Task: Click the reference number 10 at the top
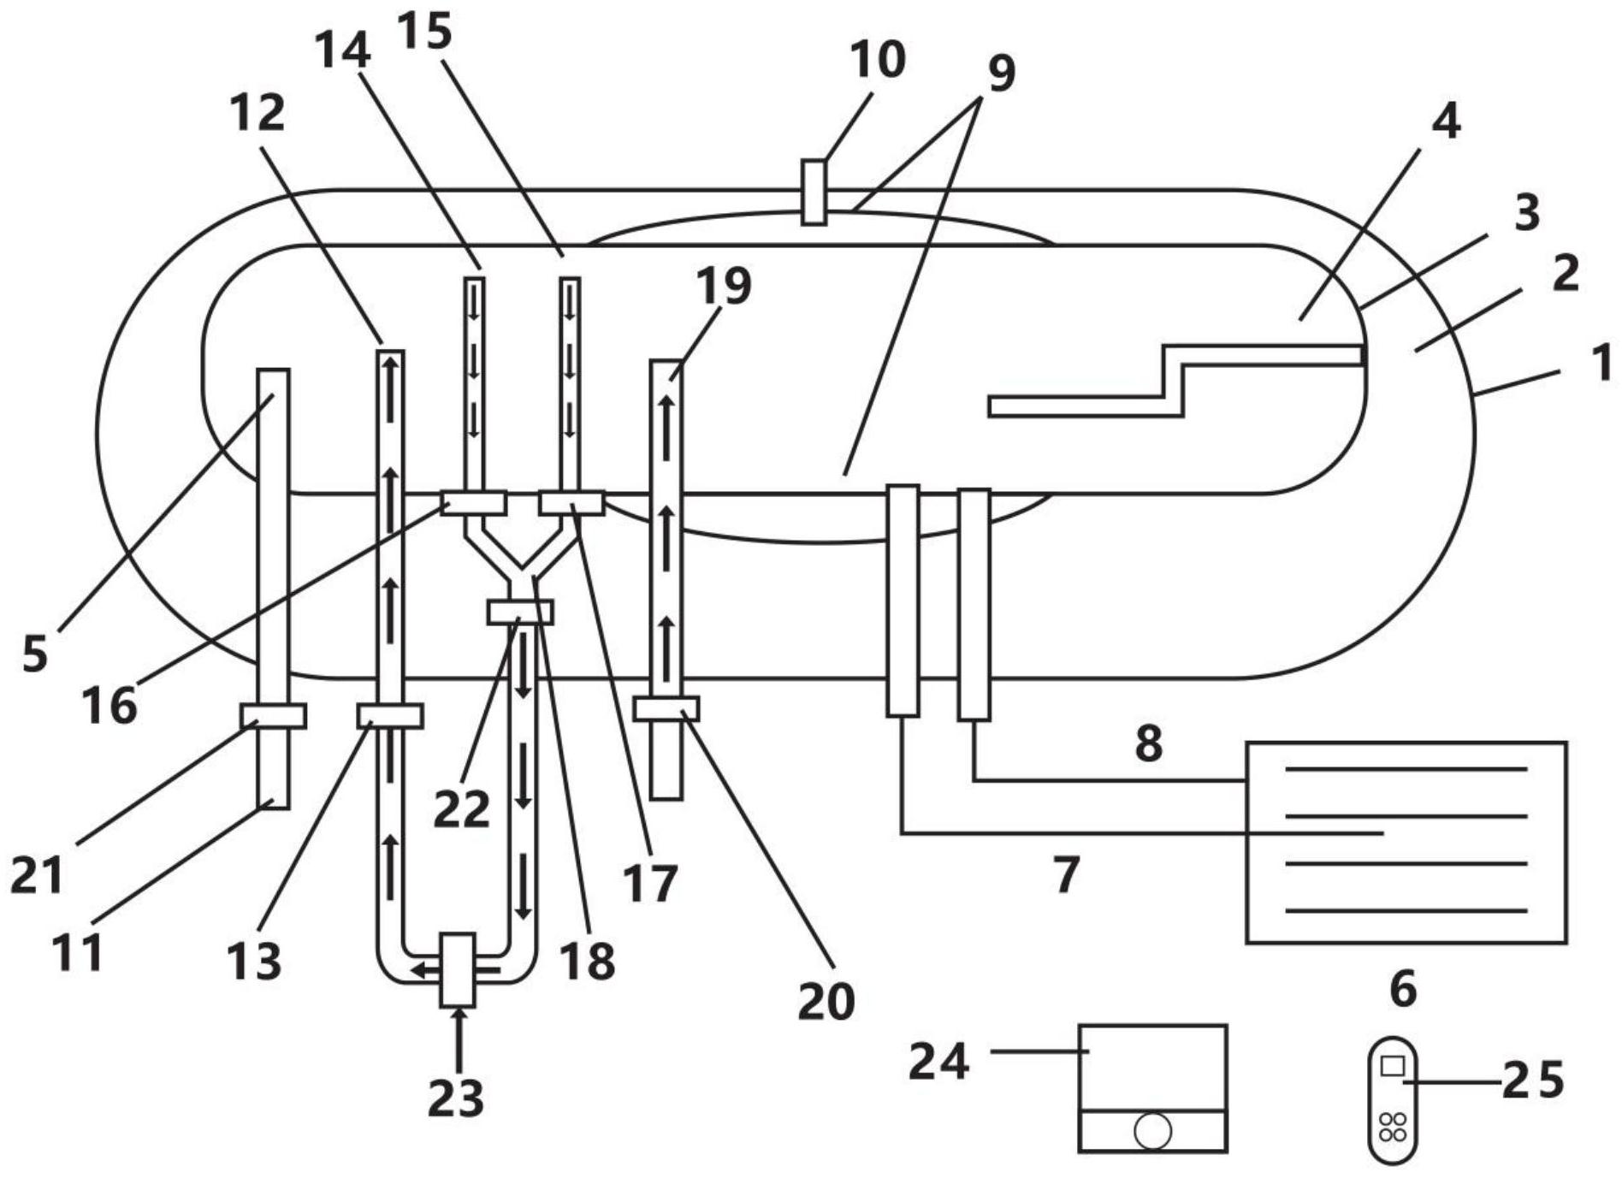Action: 877,60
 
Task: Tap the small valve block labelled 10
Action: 814,192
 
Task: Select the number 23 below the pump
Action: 456,1098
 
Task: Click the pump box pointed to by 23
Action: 458,969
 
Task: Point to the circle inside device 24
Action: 1152,1130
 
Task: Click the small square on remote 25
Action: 1393,1065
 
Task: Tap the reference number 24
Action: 938,1062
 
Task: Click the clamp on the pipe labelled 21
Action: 273,715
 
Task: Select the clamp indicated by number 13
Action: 390,715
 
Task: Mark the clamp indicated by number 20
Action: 666,709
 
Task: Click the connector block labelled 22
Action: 520,613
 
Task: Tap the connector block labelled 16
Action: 473,503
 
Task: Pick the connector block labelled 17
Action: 571,503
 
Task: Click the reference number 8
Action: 1149,743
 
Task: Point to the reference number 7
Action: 1066,874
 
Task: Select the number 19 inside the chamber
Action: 724,285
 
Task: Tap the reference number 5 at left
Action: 35,654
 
